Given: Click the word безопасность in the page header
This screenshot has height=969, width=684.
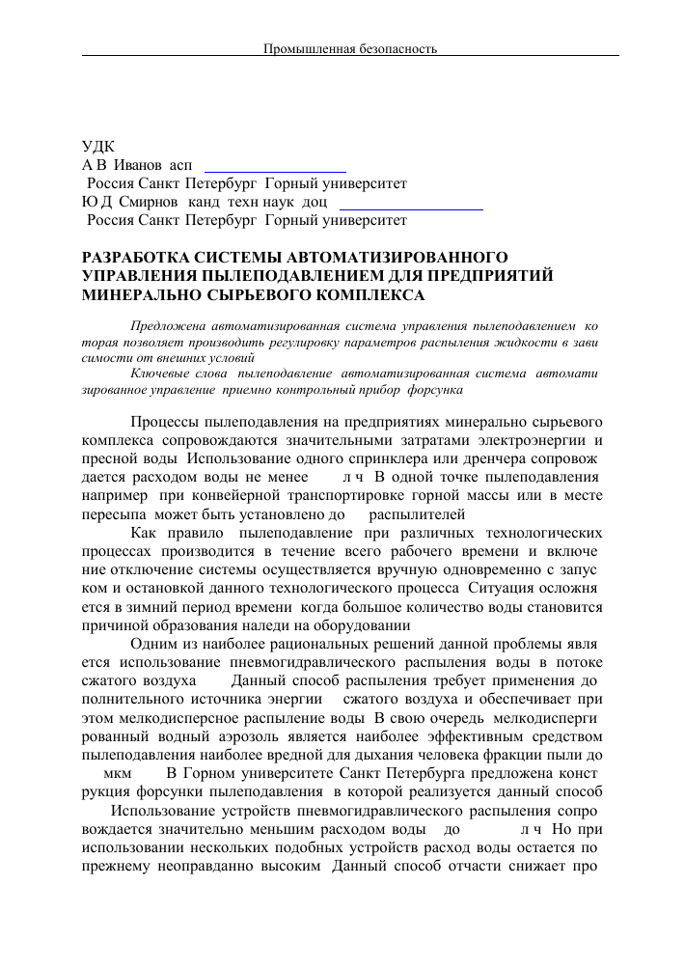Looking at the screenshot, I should [x=396, y=47].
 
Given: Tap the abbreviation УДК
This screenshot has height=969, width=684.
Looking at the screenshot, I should [x=97, y=148].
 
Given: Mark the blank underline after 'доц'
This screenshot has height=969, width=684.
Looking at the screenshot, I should [x=411, y=208].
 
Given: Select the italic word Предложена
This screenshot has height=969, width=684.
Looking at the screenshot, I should [x=165, y=328].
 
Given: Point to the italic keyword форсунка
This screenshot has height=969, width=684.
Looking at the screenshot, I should [x=437, y=391].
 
